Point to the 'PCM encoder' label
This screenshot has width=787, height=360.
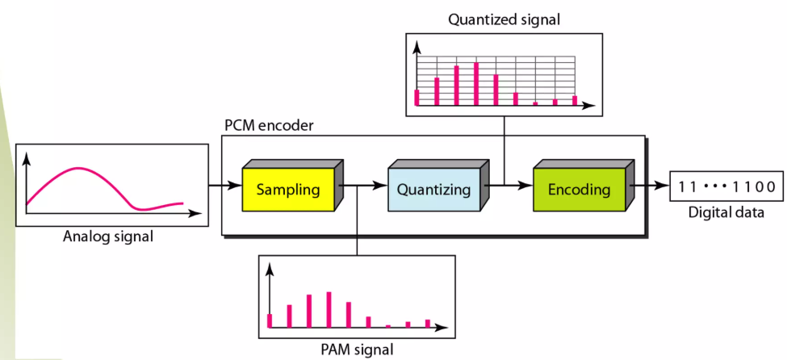tap(269, 126)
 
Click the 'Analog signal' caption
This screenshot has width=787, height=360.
tap(108, 236)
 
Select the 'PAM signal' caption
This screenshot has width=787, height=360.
tap(356, 349)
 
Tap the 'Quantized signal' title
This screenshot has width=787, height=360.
tap(504, 19)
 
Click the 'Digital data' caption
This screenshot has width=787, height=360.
tap(726, 212)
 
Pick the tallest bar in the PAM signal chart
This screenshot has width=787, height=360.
tap(329, 310)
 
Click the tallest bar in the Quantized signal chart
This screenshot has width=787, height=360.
tap(475, 84)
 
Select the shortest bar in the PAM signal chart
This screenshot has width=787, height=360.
tap(388, 326)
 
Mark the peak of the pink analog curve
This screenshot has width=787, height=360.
tap(77, 168)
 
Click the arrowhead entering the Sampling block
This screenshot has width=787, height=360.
tap(236, 186)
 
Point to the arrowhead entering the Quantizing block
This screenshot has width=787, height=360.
tap(381, 186)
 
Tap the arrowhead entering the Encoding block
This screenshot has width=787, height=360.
tap(526, 186)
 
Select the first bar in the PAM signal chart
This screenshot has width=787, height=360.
tap(270, 320)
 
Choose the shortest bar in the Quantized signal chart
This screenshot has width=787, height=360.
tap(535, 103)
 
